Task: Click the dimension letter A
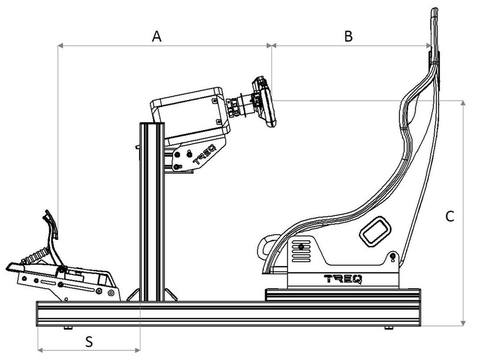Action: click(x=157, y=36)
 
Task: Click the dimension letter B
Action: click(x=348, y=36)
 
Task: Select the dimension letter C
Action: click(x=449, y=216)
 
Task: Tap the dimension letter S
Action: click(x=89, y=341)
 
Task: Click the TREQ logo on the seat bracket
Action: click(x=342, y=279)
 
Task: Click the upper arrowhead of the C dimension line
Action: click(x=462, y=104)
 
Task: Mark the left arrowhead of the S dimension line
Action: click(x=40, y=349)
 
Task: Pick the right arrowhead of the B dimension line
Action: click(x=428, y=44)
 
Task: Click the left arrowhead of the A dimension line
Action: click(x=60, y=44)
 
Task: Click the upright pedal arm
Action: click(x=53, y=235)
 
